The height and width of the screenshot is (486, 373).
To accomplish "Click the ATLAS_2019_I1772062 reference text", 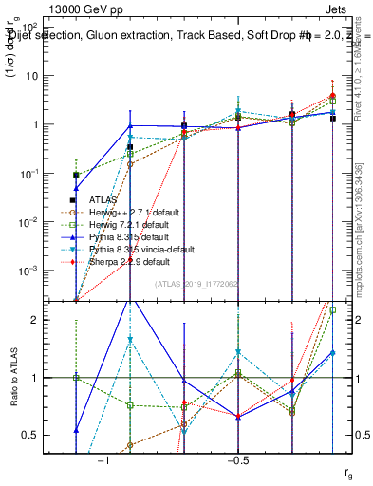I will click(x=198, y=284).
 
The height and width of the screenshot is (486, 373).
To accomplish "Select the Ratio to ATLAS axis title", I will click(x=13, y=378).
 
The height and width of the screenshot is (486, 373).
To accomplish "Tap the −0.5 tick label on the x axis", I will click(x=237, y=459).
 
